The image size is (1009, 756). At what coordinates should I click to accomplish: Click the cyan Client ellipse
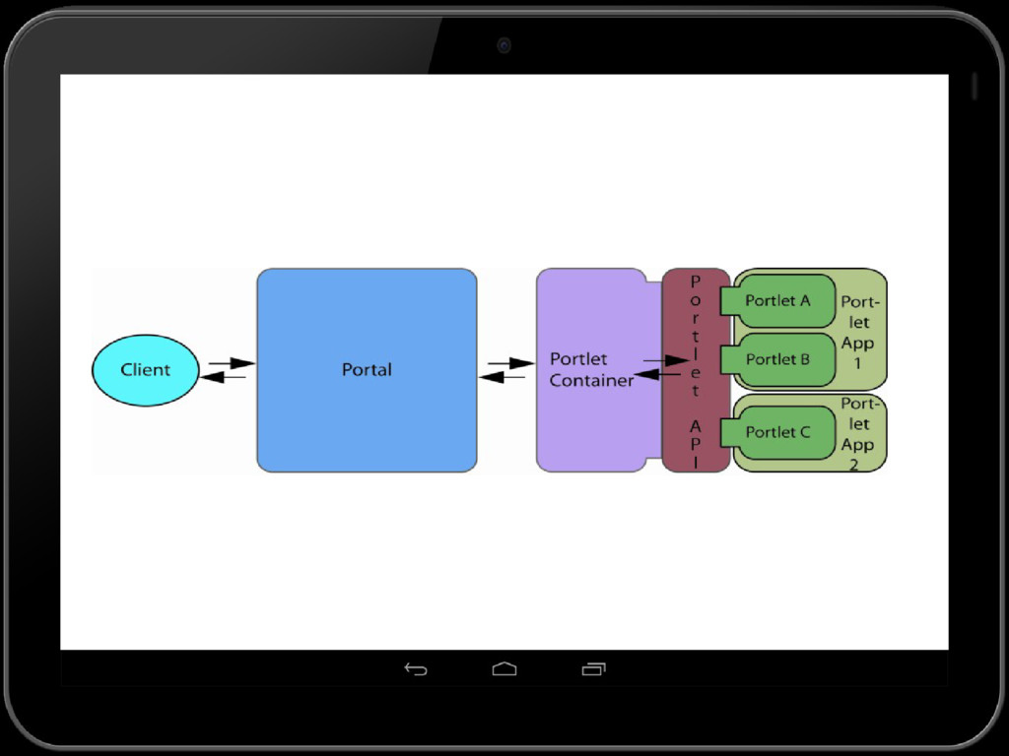click(x=145, y=370)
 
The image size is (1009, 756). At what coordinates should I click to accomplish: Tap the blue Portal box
click(x=367, y=413)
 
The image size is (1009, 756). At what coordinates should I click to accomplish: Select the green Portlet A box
click(x=778, y=300)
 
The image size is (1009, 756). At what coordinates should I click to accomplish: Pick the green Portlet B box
click(x=778, y=359)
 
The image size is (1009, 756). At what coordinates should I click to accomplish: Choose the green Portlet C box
click(x=778, y=432)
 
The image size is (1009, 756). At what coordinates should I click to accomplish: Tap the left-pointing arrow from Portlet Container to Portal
click(x=503, y=377)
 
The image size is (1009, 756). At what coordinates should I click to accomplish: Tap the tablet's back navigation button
click(x=416, y=669)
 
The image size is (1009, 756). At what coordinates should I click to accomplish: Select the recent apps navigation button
click(x=593, y=669)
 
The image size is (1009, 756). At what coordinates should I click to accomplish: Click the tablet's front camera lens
click(x=504, y=45)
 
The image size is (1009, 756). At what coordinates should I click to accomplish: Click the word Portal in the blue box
click(x=367, y=370)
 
